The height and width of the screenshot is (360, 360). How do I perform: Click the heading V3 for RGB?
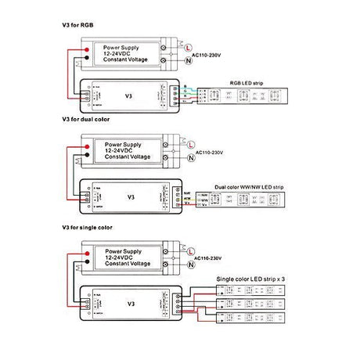point(77,25)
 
